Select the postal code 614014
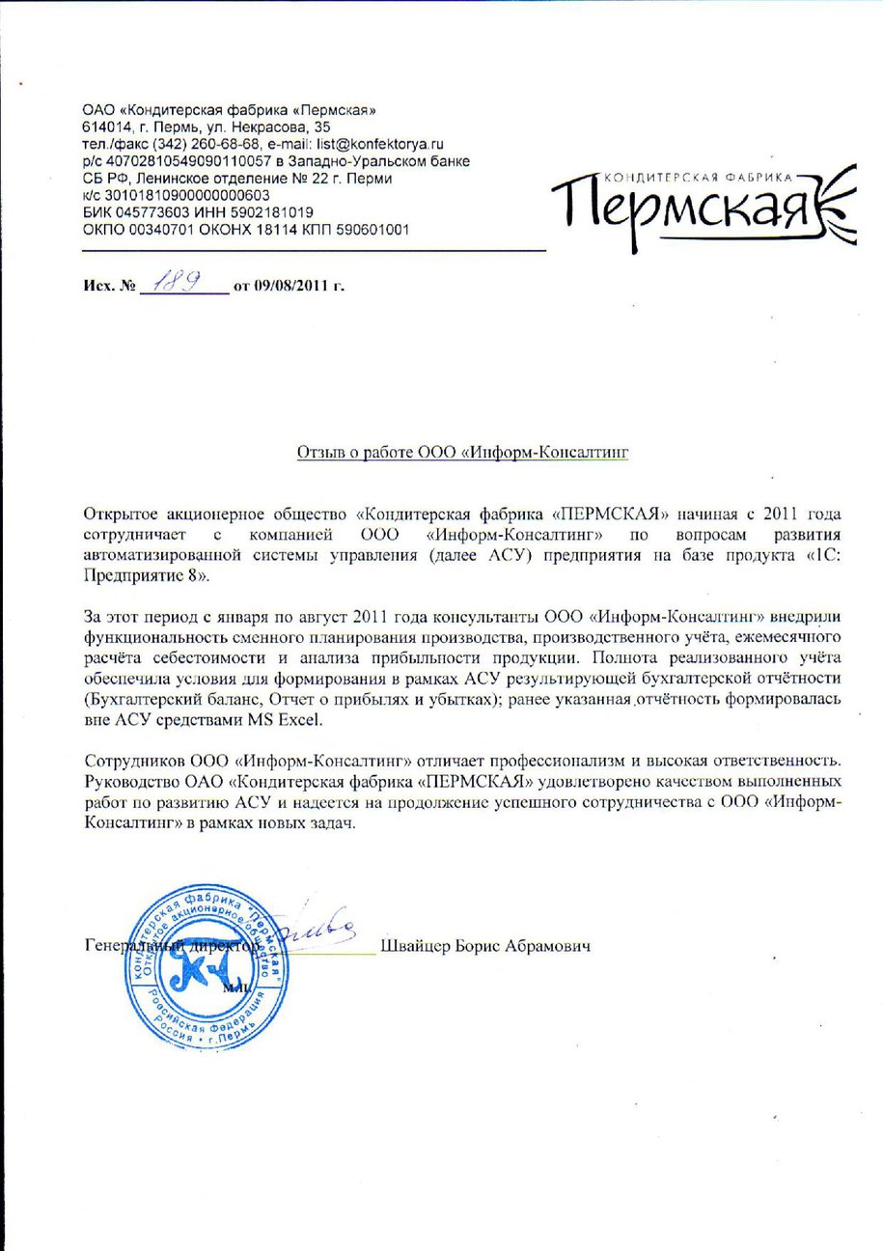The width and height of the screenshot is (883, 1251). pos(103,126)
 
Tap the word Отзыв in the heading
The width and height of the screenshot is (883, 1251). pos(317,452)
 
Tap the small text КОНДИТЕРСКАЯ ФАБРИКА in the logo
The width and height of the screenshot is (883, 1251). pos(697,178)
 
